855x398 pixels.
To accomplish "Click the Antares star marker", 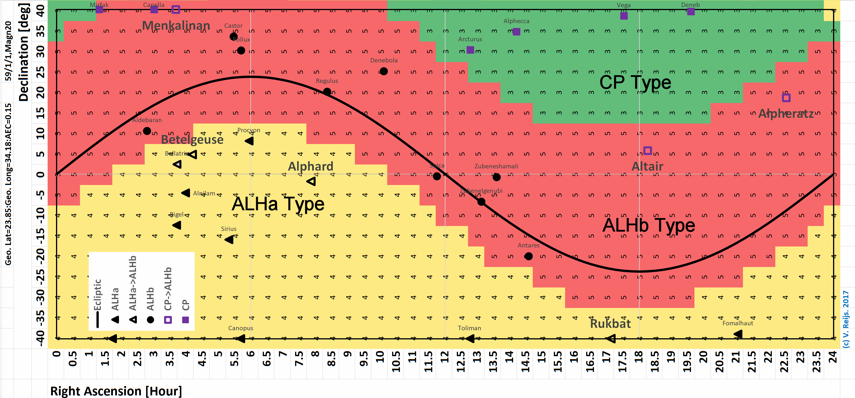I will click(x=529, y=256).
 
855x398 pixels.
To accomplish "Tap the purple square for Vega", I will click(x=624, y=16).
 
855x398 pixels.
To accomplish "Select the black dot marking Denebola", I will click(x=384, y=71).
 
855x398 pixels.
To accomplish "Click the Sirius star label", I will click(x=229, y=229).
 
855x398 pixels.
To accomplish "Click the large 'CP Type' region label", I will click(x=635, y=82).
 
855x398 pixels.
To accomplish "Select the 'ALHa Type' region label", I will click(x=278, y=204).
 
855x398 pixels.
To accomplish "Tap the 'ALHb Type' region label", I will click(x=649, y=225).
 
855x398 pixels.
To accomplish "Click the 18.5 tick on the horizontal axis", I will click(x=655, y=362).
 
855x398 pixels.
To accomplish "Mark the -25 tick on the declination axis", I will click(x=40, y=277).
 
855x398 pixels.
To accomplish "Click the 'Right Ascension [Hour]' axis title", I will click(x=116, y=391).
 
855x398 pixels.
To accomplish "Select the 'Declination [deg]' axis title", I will click(x=24, y=53).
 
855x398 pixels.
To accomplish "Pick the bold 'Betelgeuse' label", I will click(x=192, y=140).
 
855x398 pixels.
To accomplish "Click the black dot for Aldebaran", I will click(x=147, y=131).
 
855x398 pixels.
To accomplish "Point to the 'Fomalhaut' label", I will click(x=737, y=323).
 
